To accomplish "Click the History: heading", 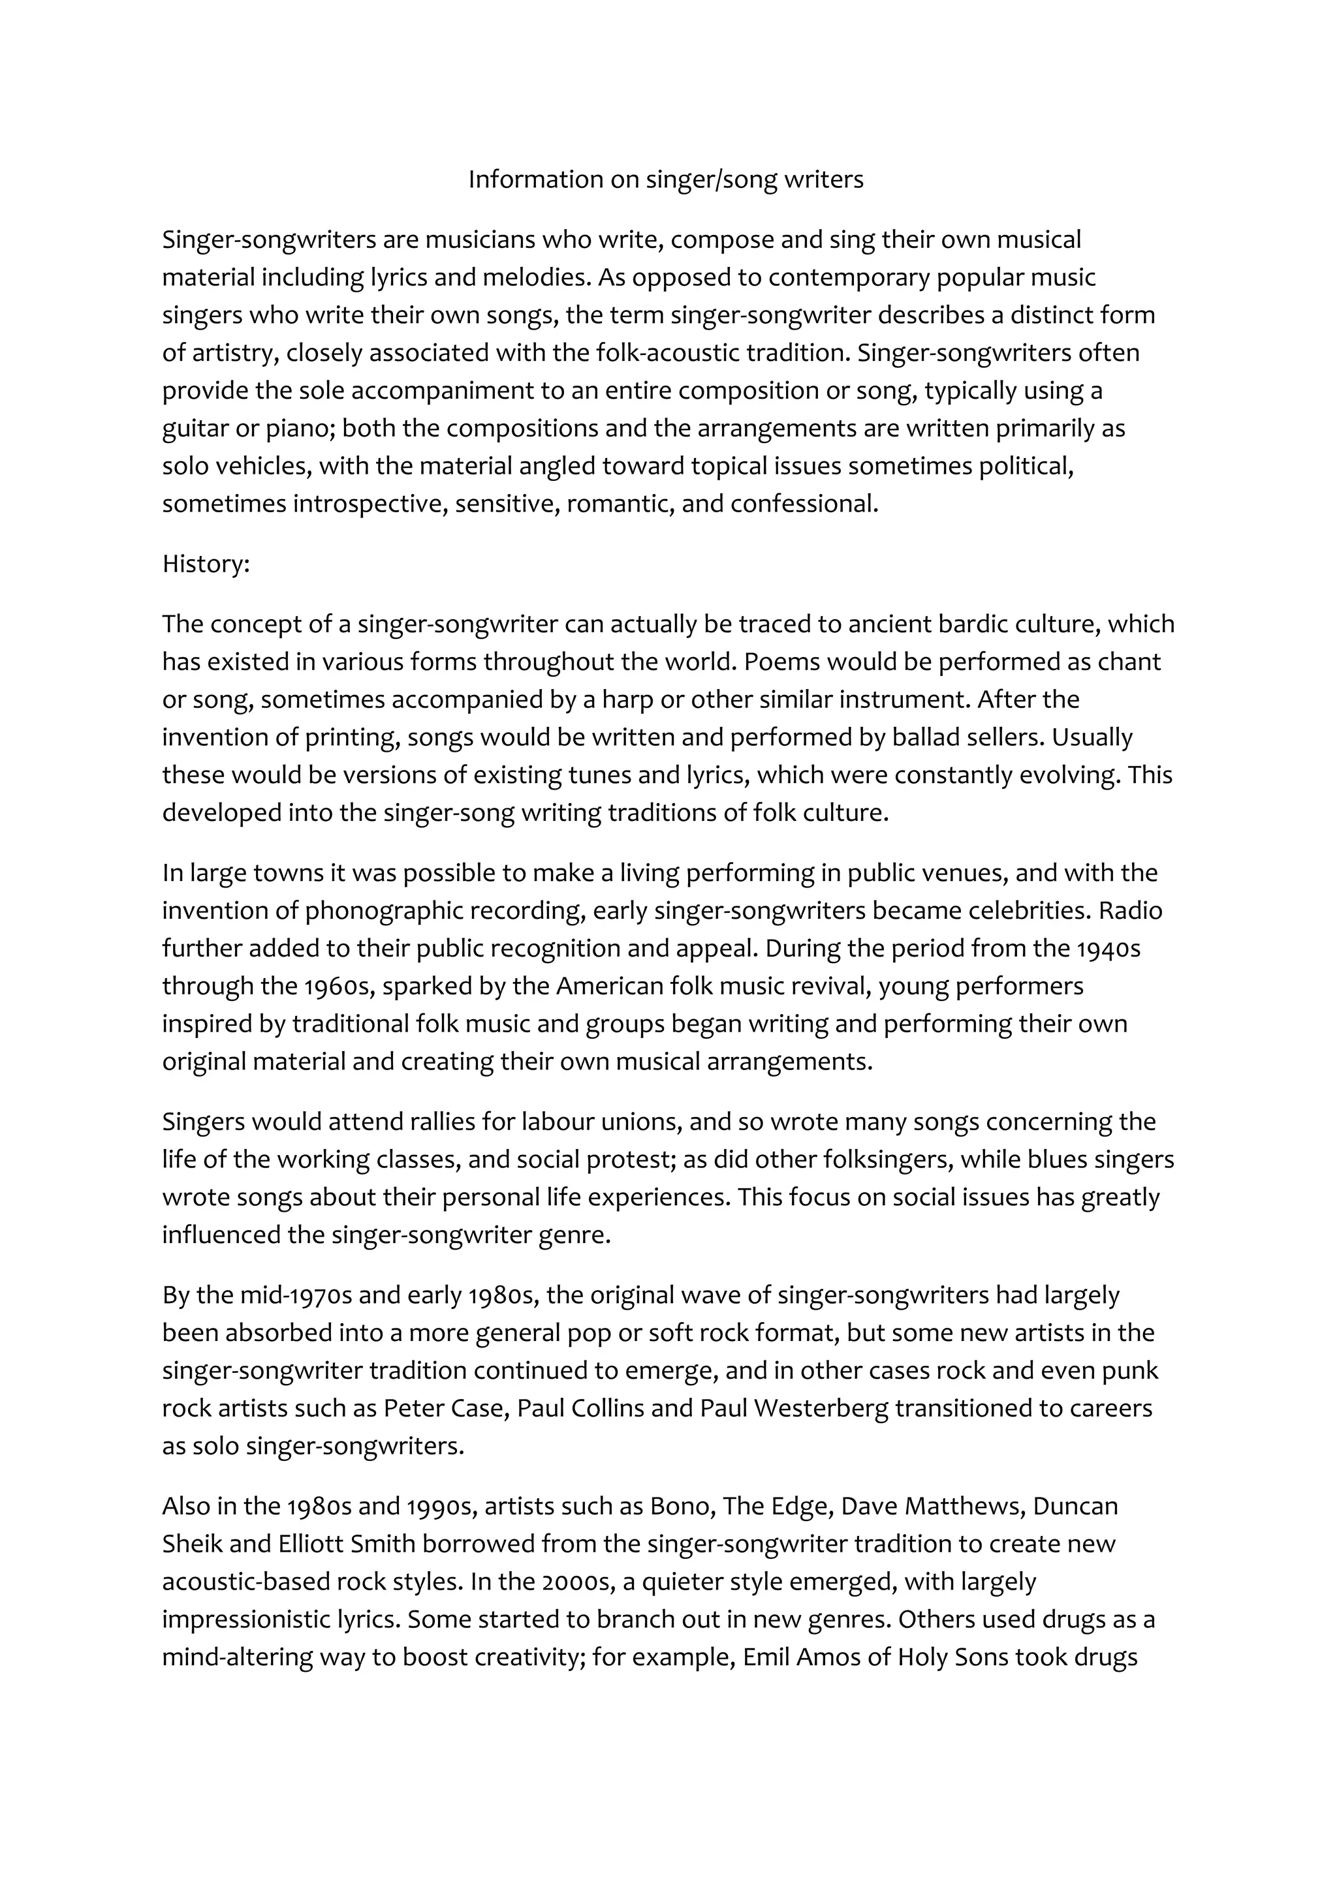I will (205, 564).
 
